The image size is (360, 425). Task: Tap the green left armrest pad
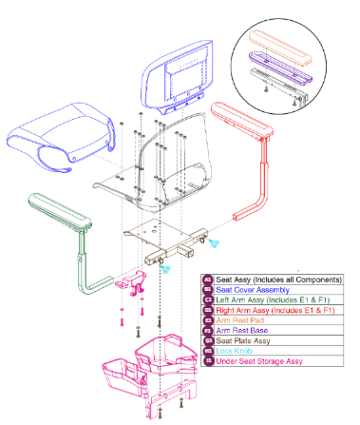click(57, 213)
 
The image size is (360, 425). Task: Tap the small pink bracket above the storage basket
click(130, 282)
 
